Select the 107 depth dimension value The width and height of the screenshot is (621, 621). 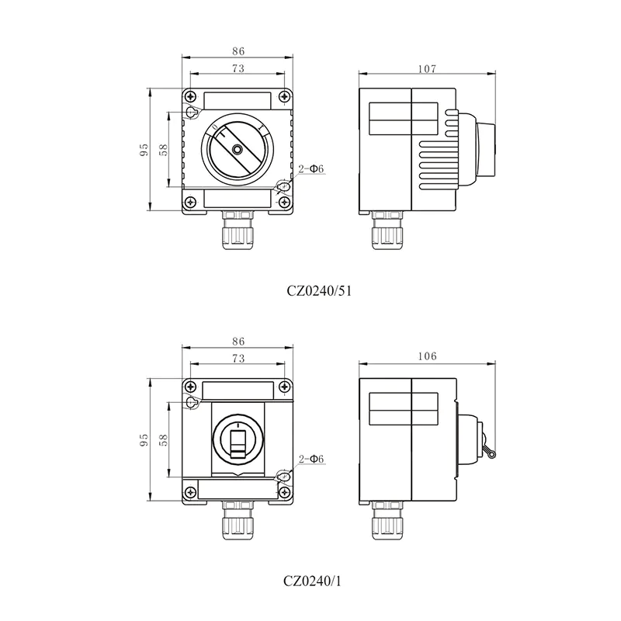click(x=426, y=69)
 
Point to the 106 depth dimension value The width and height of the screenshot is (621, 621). click(x=426, y=356)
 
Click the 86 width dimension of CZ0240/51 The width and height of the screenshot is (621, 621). click(x=238, y=51)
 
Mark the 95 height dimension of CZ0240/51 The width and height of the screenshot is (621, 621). click(x=144, y=150)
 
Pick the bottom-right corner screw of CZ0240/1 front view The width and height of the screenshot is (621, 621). click(x=286, y=491)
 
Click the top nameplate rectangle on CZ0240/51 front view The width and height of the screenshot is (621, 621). click(x=238, y=101)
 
